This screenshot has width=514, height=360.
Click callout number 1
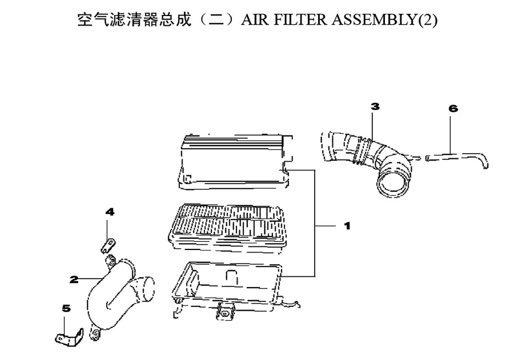[x=347, y=226]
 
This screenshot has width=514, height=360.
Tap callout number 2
[x=74, y=279]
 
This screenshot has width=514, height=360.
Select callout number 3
[x=375, y=106]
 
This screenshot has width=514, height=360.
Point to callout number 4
[x=110, y=212]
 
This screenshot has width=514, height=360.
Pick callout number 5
[x=66, y=308]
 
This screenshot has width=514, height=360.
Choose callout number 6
[x=453, y=109]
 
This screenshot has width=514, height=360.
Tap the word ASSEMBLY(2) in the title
[x=384, y=20]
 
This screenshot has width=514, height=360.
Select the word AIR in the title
[x=255, y=20]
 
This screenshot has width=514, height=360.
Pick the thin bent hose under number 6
[x=457, y=158]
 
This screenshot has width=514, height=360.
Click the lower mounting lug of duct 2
[x=96, y=334]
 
